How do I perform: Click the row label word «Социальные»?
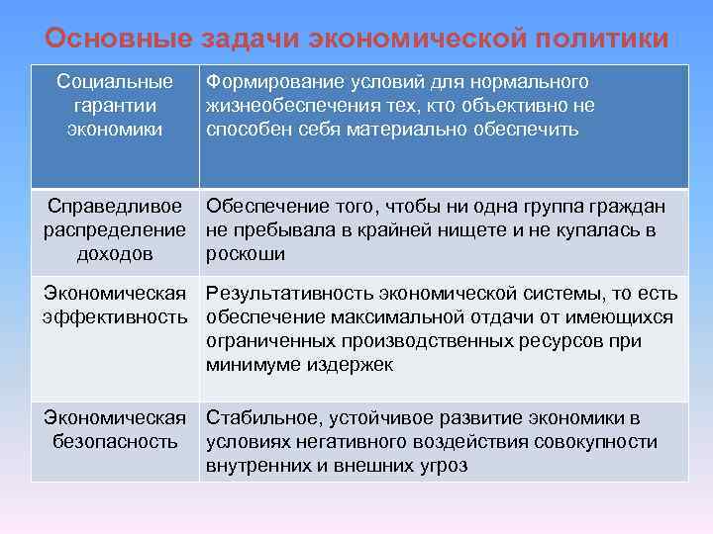tap(115, 81)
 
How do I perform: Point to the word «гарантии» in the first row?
tap(115, 105)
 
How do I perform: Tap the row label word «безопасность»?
tap(116, 441)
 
